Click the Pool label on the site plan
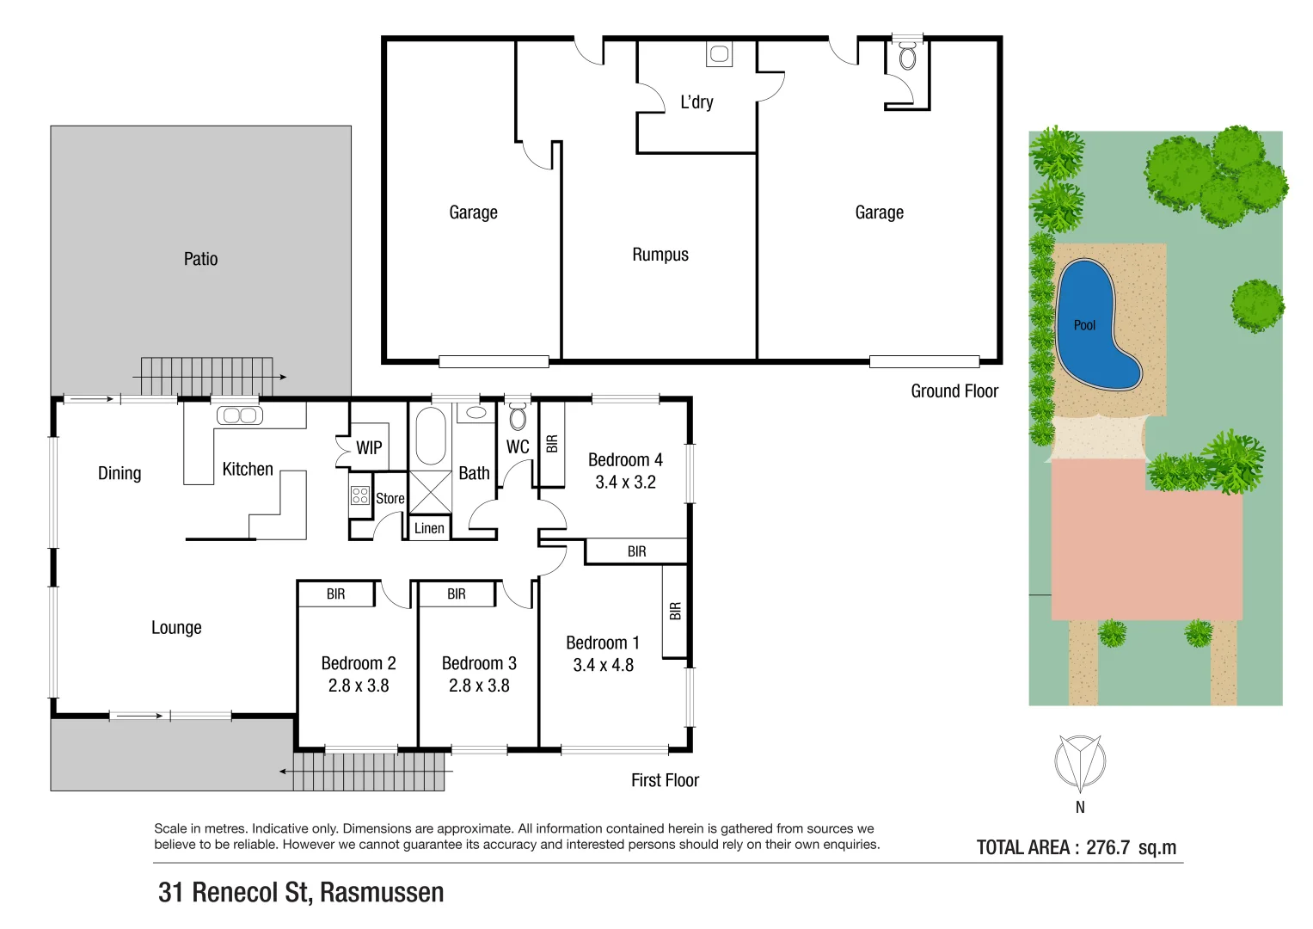1084,325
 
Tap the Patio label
200,259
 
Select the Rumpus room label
660,255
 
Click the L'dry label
696,102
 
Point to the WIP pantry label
369,448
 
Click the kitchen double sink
239,415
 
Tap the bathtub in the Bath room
430,435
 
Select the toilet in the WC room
518,417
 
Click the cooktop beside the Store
359,495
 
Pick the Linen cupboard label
429,528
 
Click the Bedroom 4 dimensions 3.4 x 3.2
625,483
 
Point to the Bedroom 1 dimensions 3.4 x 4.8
603,665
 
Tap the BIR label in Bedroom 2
335,594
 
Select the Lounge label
176,628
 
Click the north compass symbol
1080,762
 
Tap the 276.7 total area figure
1107,847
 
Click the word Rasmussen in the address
382,893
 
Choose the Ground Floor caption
954,391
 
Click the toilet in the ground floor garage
907,58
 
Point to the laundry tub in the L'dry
719,54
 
